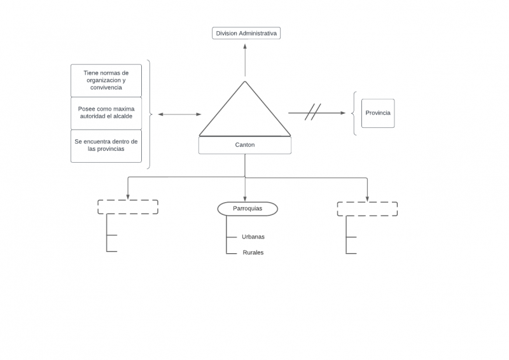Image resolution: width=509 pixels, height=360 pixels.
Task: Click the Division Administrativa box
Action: [x=246, y=33]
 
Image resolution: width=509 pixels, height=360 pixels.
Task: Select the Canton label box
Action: [x=245, y=145]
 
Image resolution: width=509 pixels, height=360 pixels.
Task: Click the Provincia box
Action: [x=378, y=113]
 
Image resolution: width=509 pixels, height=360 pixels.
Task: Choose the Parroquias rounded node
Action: [x=248, y=209]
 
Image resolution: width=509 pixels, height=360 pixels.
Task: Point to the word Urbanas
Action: [x=253, y=237]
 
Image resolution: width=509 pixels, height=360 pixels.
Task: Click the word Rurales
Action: [x=253, y=253]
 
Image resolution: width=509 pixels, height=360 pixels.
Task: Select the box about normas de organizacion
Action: [x=106, y=80]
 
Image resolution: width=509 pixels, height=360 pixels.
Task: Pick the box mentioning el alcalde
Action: [x=106, y=113]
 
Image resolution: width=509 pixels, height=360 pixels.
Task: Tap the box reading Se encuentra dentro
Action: [x=106, y=146]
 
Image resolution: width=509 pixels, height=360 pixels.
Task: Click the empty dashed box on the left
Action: [x=127, y=207]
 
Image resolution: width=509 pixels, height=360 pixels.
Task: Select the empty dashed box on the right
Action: [x=367, y=209]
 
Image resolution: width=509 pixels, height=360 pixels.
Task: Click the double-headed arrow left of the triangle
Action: [x=179, y=114]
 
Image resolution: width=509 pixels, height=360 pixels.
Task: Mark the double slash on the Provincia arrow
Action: [x=312, y=113]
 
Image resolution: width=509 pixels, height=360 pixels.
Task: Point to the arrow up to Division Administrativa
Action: [x=245, y=60]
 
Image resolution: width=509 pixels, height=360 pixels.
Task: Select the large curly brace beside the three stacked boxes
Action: [x=150, y=114]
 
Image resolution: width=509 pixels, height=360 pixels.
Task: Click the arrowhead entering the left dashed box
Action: [x=128, y=197]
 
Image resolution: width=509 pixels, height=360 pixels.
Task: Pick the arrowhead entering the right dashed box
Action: [x=367, y=198]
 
